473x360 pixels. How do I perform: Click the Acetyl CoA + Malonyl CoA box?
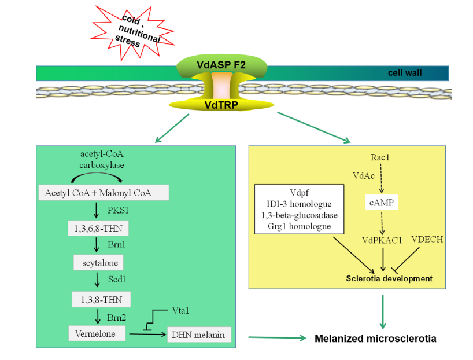[104, 193]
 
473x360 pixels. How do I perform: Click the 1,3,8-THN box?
[100, 299]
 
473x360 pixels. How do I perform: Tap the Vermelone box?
[97, 334]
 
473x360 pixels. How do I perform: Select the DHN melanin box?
[199, 335]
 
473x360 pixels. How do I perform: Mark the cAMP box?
[380, 203]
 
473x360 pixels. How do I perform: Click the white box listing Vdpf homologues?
[300, 209]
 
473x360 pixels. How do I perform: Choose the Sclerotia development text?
[389, 278]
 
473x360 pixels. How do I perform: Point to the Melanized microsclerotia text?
[375, 338]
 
